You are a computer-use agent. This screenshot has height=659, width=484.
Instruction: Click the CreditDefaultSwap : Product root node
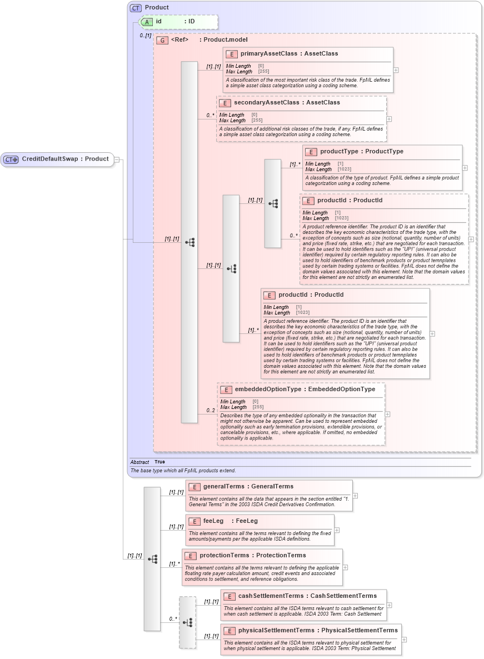(x=58, y=159)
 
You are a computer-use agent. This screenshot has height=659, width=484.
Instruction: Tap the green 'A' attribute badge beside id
(x=147, y=22)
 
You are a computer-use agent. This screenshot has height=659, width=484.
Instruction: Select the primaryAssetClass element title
(x=289, y=54)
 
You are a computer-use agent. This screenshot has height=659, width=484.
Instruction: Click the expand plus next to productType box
(x=465, y=168)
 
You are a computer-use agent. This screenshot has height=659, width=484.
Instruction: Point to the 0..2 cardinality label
(x=211, y=411)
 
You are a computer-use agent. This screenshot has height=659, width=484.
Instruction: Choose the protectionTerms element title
(x=252, y=556)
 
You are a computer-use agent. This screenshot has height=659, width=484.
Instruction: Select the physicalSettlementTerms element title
(x=318, y=631)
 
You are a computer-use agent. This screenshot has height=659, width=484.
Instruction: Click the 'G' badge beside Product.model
(x=162, y=40)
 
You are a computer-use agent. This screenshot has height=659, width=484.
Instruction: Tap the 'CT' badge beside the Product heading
(x=136, y=8)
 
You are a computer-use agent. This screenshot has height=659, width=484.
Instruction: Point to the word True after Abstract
(x=159, y=462)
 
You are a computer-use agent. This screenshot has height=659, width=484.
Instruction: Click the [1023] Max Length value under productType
(x=344, y=169)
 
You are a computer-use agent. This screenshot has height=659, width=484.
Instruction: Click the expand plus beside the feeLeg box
(x=337, y=530)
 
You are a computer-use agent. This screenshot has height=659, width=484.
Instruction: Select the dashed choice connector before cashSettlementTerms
(x=187, y=622)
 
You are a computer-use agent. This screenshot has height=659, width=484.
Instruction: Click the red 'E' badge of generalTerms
(x=194, y=487)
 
